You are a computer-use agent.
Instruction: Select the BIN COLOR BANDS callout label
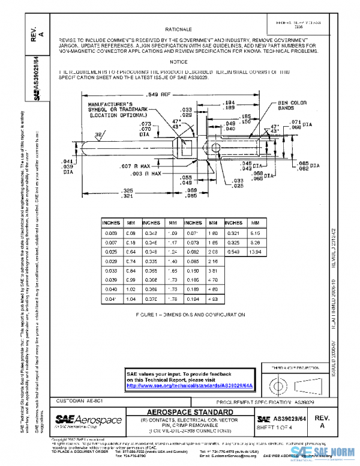tap(292, 106)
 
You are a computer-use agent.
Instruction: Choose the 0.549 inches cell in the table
tap(234, 251)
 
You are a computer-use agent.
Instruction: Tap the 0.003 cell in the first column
tap(111, 231)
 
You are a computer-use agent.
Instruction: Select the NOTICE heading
tap(178, 62)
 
